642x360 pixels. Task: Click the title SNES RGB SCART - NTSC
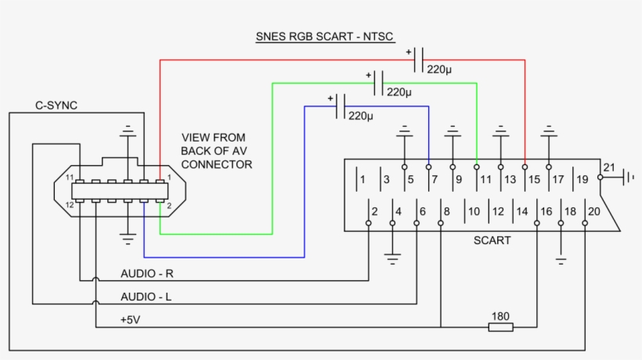tap(325, 37)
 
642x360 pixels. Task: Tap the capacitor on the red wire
tap(418, 60)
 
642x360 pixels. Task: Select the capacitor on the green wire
tap(379, 83)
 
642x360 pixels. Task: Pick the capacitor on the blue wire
tap(341, 106)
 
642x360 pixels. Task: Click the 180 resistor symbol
tap(501, 327)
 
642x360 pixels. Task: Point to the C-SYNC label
tap(56, 106)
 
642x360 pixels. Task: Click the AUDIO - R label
tap(147, 274)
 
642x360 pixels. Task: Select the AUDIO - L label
tap(146, 297)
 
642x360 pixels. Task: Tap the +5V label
tap(130, 320)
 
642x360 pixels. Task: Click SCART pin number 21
tap(609, 167)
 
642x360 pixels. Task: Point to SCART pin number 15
tap(534, 179)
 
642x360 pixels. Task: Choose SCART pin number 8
tap(447, 211)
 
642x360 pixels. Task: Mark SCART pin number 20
tap(594, 211)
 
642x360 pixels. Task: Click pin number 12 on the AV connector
tap(70, 205)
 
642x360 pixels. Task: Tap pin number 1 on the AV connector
tap(169, 178)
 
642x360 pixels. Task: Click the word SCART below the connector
tap(492, 240)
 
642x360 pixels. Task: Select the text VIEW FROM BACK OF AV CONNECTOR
tap(217, 151)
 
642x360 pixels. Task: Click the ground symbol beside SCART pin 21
tap(629, 178)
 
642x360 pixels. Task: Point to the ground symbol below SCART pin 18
tap(561, 261)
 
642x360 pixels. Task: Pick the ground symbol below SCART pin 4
tap(392, 259)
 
